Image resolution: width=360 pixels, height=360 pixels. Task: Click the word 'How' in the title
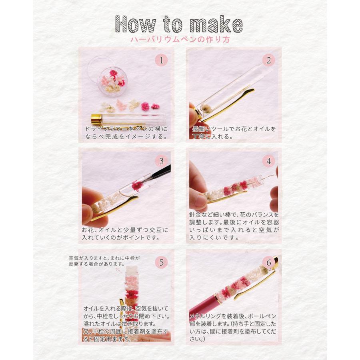(136, 24)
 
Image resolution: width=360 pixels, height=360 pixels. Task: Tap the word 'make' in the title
(216, 24)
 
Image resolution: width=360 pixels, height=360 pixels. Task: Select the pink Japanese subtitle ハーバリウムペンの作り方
(180, 39)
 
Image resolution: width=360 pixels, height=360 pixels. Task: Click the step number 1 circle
(162, 60)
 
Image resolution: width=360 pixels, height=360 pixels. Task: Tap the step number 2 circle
(269, 60)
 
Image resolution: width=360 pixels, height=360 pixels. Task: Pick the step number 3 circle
(162, 161)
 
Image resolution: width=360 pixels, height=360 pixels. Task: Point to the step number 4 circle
(269, 161)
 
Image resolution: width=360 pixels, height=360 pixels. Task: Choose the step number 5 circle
(162, 262)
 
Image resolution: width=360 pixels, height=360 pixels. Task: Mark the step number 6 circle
(269, 262)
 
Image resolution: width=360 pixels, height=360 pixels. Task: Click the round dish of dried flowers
(112, 82)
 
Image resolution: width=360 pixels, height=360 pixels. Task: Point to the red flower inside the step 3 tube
(137, 186)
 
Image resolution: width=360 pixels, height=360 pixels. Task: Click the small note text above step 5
(104, 261)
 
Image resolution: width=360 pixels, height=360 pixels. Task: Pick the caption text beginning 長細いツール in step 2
(234, 133)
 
